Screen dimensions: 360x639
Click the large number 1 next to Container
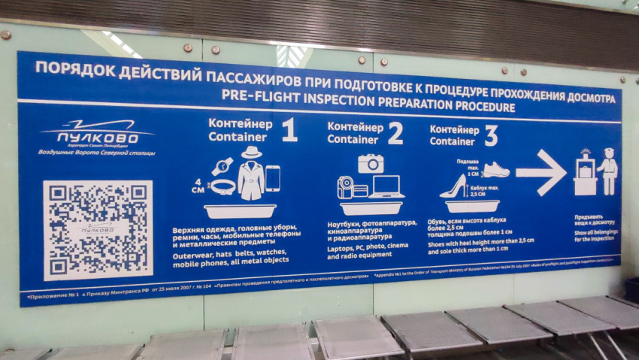(x=289, y=129)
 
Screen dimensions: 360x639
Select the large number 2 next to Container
(x=394, y=132)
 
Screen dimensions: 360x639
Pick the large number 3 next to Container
(x=491, y=135)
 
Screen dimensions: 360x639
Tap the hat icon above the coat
(x=250, y=153)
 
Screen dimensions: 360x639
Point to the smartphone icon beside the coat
(x=272, y=178)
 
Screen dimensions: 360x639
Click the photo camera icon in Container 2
(x=371, y=163)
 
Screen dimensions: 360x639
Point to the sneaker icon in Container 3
(x=495, y=170)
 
